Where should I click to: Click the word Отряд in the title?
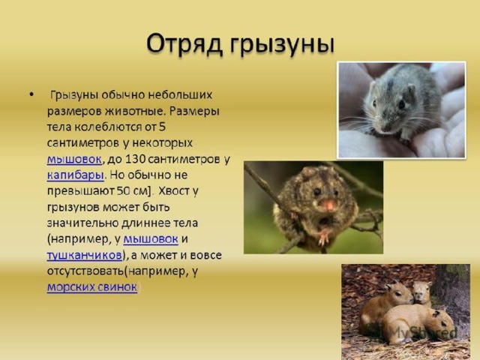tap(184, 43)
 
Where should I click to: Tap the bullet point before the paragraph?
tap(31, 94)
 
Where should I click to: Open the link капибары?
tap(75, 175)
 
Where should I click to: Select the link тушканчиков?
tap(85, 255)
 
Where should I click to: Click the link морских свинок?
tap(92, 286)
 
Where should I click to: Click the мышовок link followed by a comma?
tap(73, 159)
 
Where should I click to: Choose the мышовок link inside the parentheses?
tap(151, 239)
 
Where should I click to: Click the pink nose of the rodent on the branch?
tap(329, 205)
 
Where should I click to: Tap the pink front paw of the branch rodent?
tap(323, 237)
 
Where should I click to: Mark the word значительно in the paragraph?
tap(82, 223)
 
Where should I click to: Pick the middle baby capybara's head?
tap(421, 292)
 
